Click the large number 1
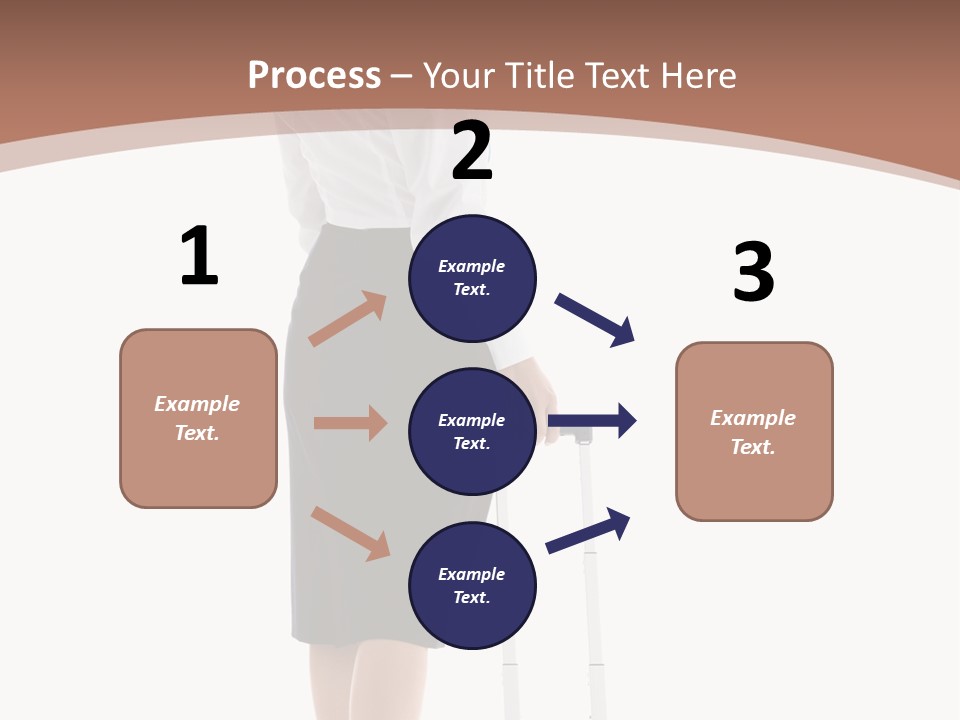click(199, 257)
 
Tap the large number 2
click(472, 152)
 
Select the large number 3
click(753, 272)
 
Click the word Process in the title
click(314, 75)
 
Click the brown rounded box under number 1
click(198, 418)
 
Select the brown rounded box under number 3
click(754, 432)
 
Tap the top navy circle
click(472, 278)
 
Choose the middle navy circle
click(472, 432)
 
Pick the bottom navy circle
click(472, 586)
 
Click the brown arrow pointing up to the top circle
click(347, 319)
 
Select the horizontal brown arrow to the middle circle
click(350, 423)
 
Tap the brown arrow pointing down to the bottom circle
click(350, 533)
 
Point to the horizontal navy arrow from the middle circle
click(592, 420)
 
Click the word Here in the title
click(700, 75)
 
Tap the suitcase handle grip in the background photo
click(569, 436)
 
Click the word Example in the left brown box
click(197, 404)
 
